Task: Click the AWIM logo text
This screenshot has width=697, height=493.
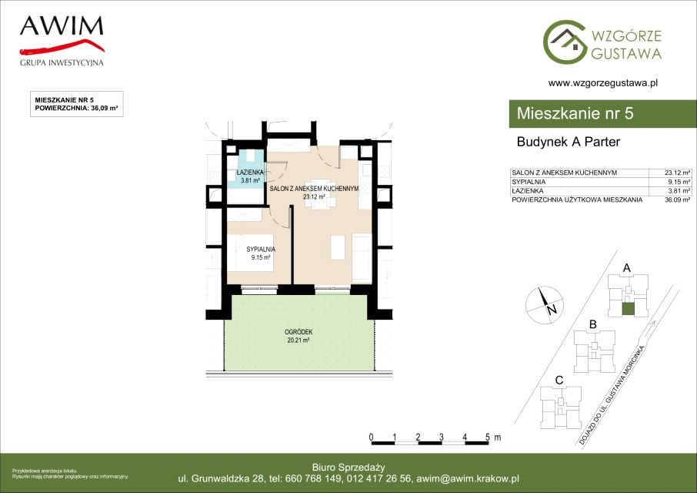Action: tap(62, 26)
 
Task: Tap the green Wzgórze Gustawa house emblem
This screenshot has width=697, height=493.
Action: tap(565, 42)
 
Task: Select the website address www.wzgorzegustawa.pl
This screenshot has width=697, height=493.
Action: tap(603, 82)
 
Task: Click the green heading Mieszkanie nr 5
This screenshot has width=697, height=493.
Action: tap(575, 113)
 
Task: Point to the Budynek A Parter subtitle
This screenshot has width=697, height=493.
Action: tap(568, 142)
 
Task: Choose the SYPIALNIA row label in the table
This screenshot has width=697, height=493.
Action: tap(529, 182)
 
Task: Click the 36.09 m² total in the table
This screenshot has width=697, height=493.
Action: tap(678, 200)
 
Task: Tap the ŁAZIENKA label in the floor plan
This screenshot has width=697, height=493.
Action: tap(250, 173)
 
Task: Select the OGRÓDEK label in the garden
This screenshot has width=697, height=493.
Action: tap(298, 332)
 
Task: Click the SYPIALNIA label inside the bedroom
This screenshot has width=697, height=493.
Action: tap(261, 250)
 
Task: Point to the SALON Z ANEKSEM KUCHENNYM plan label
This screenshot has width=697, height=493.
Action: tap(314, 189)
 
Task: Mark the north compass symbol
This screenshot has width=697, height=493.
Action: tap(544, 305)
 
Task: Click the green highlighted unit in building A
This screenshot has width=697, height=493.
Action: tap(628, 309)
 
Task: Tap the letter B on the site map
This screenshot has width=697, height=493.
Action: tap(592, 325)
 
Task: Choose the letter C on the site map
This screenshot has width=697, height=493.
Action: tap(559, 381)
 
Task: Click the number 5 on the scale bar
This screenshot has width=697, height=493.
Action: tap(488, 438)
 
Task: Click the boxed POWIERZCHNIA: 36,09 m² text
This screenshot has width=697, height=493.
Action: tap(76, 108)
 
